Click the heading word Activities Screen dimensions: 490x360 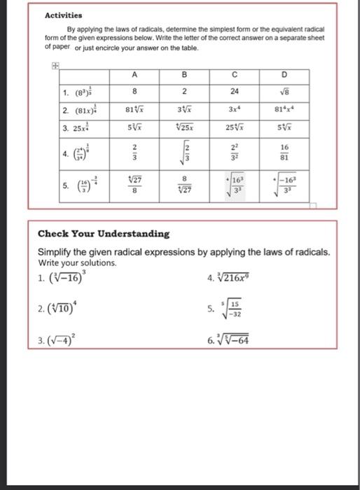[63, 14]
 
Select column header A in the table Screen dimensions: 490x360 [133, 76]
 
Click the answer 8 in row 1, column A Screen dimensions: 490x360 [133, 90]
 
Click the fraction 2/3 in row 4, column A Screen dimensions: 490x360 [133, 150]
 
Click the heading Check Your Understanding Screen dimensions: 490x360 [103, 233]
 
